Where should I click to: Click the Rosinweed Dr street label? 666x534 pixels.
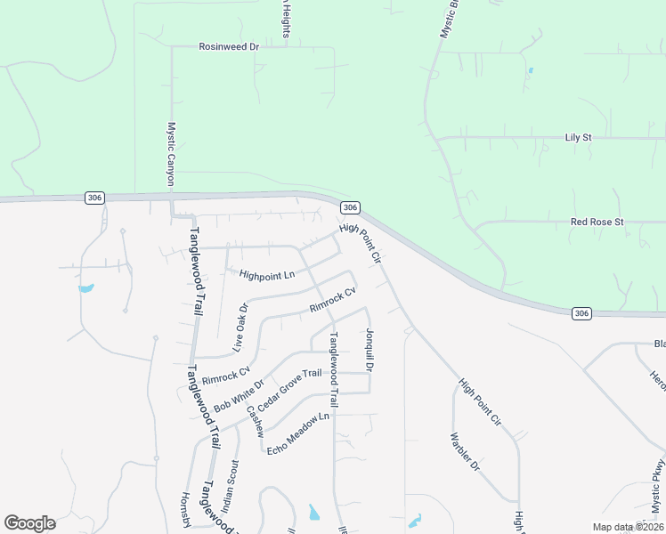click(228, 46)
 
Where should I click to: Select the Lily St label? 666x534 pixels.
click(579, 138)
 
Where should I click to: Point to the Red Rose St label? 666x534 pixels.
click(597, 222)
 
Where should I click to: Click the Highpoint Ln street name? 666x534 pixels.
click(267, 275)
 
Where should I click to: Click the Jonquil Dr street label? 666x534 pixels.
click(369, 350)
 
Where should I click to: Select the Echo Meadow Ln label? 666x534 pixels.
click(298, 433)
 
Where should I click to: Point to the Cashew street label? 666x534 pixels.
click(256, 421)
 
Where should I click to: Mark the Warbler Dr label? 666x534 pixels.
click(465, 452)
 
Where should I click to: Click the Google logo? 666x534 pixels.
click(29, 523)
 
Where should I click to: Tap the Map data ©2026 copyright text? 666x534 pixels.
click(627, 527)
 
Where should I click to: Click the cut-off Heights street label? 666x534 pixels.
click(286, 19)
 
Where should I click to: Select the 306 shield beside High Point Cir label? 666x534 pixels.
click(351, 207)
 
